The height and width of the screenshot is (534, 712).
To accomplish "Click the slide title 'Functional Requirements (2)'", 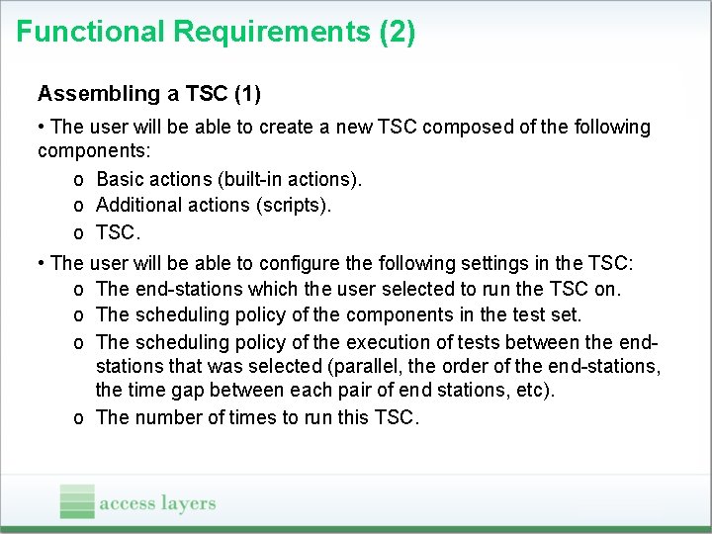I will tap(216, 32).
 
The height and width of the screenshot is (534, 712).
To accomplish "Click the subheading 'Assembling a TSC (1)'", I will tap(148, 94).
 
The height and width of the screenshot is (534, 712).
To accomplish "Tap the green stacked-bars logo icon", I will tap(77, 501).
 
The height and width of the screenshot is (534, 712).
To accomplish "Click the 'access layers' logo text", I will tap(157, 503).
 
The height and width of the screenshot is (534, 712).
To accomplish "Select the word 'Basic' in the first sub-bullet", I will tap(121, 179).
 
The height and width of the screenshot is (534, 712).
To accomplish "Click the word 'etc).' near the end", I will tap(534, 391).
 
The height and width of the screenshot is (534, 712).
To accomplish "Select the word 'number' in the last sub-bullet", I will tap(164, 417).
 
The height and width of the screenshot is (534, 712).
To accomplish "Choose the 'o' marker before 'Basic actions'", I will tap(78, 180).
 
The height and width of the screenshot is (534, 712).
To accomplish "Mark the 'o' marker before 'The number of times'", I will tap(78, 418).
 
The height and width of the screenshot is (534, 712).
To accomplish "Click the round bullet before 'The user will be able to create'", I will tap(41, 127).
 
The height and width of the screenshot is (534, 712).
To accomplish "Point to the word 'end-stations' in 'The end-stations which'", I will tap(187, 289).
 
